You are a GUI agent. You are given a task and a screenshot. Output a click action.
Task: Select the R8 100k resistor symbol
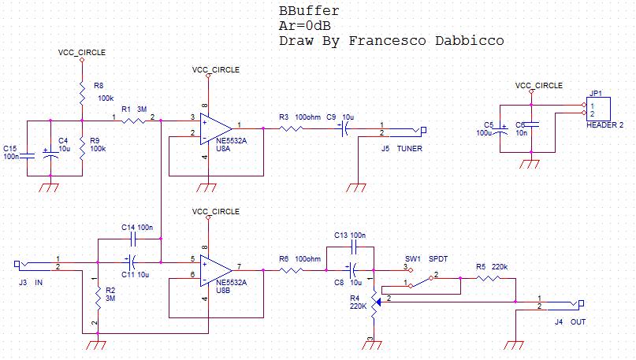[82, 94]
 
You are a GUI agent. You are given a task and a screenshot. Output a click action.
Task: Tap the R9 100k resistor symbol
[82, 148]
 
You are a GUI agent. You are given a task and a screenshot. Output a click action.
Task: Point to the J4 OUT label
[570, 321]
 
